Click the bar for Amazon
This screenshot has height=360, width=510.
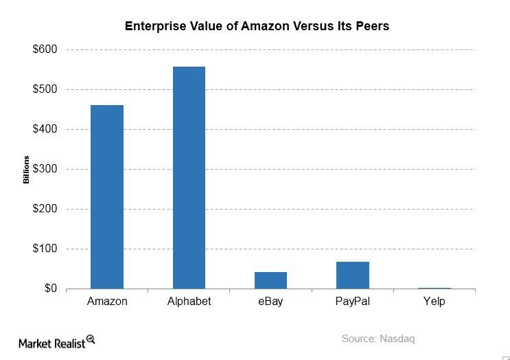[107, 197]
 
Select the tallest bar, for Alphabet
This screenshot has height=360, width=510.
[189, 177]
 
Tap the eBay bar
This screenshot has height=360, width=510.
[270, 280]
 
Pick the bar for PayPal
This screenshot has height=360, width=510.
[352, 275]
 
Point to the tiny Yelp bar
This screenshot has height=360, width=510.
[434, 288]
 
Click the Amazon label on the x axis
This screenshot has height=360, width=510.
[107, 302]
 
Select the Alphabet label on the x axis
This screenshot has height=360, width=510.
[189, 302]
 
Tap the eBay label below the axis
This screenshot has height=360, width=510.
[270, 302]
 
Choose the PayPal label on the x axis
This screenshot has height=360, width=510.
[352, 302]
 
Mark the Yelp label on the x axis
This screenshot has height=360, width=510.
[434, 302]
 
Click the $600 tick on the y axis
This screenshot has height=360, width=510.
[45, 50]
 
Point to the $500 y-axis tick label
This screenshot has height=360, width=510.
[45, 90]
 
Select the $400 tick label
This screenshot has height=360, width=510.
[45, 130]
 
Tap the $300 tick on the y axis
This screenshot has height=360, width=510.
[45, 170]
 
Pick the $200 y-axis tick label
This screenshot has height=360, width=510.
[45, 210]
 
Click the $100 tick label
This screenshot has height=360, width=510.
[45, 249]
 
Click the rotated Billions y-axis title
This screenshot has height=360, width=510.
[27, 170]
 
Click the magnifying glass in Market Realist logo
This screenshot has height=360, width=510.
[90, 339]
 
